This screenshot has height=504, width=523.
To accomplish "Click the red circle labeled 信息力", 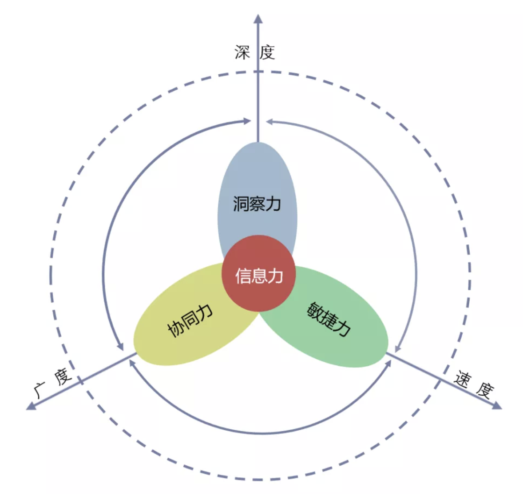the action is pyautogui.click(x=258, y=273).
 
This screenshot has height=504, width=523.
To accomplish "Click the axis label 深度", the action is pyautogui.click(x=255, y=52).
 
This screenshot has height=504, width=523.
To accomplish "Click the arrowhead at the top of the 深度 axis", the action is pyautogui.click(x=258, y=19).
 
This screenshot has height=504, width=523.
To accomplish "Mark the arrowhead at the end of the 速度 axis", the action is pyautogui.click(x=497, y=405).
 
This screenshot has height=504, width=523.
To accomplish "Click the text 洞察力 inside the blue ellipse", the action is pyautogui.click(x=257, y=204).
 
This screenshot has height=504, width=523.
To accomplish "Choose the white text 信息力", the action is pyautogui.click(x=259, y=276).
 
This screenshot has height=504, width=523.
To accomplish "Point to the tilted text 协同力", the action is pyautogui.click(x=190, y=320).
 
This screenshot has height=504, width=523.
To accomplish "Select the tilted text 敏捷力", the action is pyautogui.click(x=329, y=319).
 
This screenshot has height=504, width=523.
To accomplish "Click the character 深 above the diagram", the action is pyautogui.click(x=242, y=52).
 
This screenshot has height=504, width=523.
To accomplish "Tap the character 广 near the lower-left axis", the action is pyautogui.click(x=40, y=390).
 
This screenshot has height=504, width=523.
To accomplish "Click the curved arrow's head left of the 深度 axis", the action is pyautogui.click(x=247, y=121).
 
